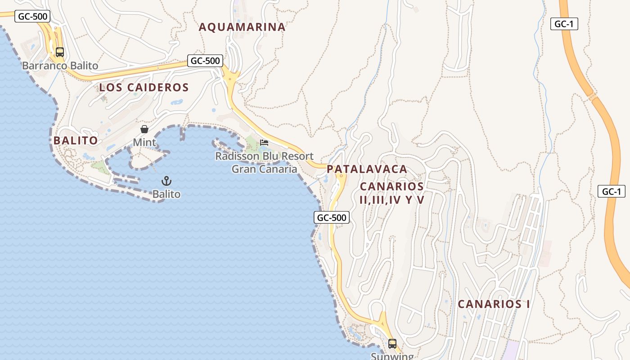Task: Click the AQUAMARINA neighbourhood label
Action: tap(242, 27)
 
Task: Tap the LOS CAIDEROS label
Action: tap(144, 88)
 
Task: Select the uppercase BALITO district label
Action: tap(76, 140)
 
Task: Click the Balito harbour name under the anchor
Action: tap(166, 194)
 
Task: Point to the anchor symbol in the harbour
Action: tap(166, 181)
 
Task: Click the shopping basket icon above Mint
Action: tap(144, 130)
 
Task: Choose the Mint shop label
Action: tap(144, 143)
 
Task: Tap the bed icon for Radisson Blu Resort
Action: tap(264, 143)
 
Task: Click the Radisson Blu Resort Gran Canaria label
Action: tap(264, 162)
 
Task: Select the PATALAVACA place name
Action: tap(367, 169)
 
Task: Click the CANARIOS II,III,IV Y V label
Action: tap(392, 193)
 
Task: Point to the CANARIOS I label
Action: tap(494, 304)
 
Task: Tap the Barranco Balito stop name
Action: tap(60, 66)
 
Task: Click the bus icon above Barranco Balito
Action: tap(60, 52)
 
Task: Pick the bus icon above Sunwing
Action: tap(392, 344)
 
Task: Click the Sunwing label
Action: tap(392, 356)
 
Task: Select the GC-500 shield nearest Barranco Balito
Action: tap(32, 17)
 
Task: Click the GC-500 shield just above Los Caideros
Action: tap(205, 61)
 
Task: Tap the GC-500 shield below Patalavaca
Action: tap(332, 218)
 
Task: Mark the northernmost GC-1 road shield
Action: tap(564, 24)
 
